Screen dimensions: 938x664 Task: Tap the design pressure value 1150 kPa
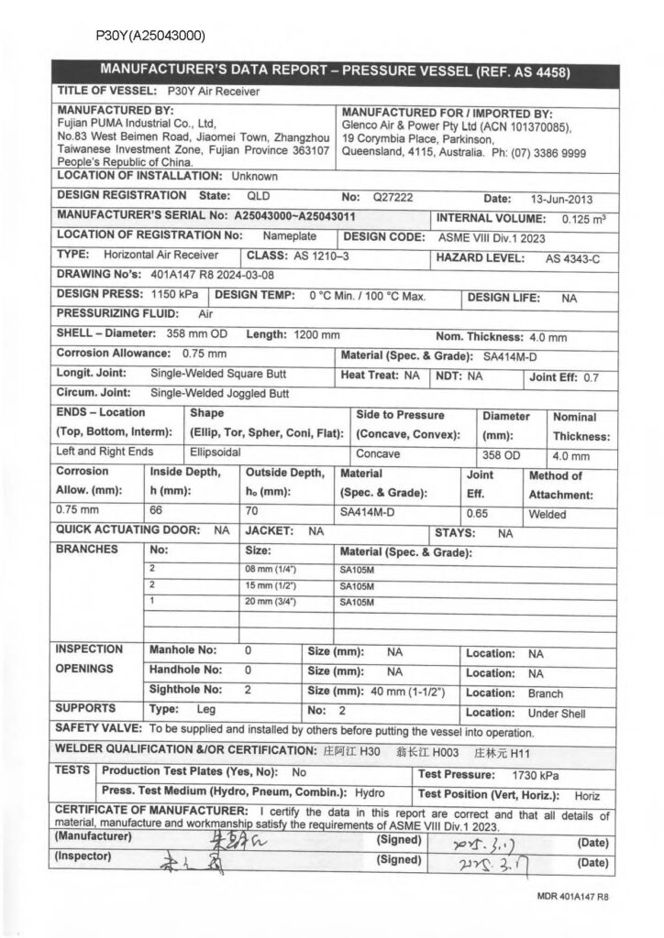pos(174,296)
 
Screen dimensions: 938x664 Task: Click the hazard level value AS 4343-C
pos(572,258)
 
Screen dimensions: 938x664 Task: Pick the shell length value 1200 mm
pos(317,334)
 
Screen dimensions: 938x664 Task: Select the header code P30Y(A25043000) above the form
pos(149,36)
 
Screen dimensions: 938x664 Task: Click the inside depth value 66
pos(156,515)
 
